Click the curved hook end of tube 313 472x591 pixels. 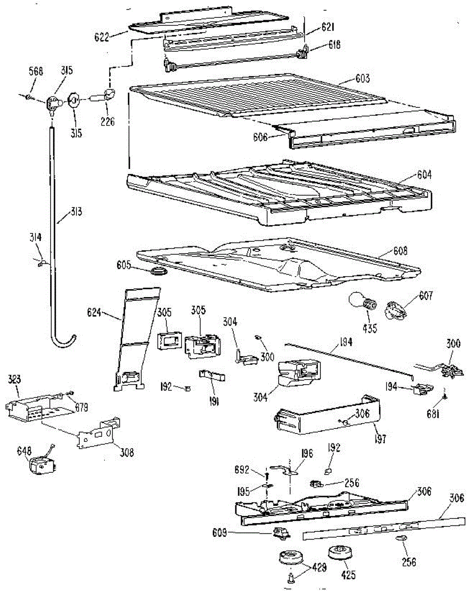coord(64,339)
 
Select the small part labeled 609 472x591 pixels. coord(280,532)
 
